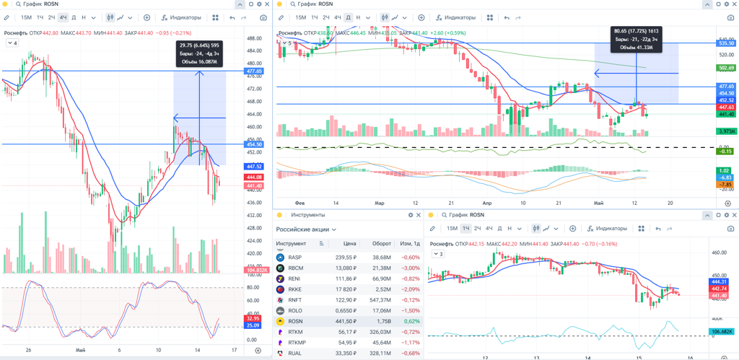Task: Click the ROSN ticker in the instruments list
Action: tap(295, 321)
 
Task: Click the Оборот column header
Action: tap(380, 244)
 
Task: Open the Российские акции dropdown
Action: tap(306, 229)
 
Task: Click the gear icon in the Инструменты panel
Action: tap(411, 215)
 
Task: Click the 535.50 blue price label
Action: tap(725, 43)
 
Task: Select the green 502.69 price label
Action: tap(725, 68)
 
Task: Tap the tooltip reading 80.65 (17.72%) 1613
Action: tap(637, 39)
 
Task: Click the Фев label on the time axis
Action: tap(300, 203)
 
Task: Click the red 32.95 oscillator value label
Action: tap(253, 318)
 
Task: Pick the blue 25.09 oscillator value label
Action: tap(253, 325)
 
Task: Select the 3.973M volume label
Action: tap(725, 131)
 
